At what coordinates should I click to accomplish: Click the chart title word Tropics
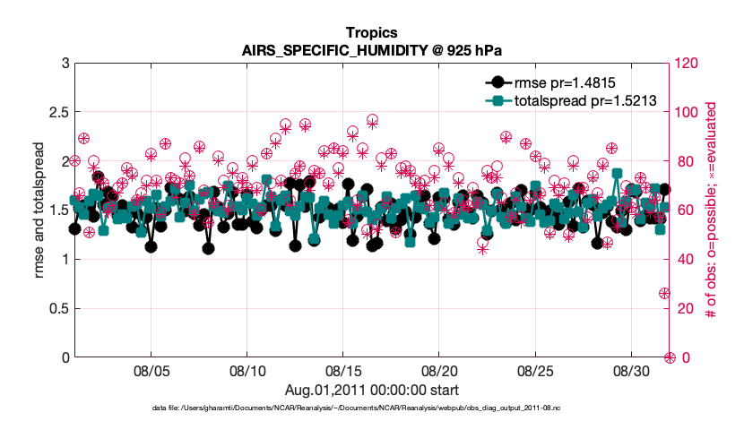pyautogui.click(x=371, y=34)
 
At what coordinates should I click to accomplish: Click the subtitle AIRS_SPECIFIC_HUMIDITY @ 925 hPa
pyautogui.click(x=371, y=51)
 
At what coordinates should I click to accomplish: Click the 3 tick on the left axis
pyautogui.click(x=62, y=64)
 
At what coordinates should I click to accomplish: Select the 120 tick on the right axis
pyautogui.click(x=688, y=64)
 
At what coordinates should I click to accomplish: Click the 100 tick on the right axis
pyautogui.click(x=688, y=113)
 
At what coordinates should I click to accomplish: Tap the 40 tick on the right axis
pyautogui.click(x=685, y=260)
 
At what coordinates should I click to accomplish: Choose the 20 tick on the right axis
pyautogui.click(x=685, y=309)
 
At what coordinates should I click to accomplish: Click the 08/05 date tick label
pyautogui.click(x=151, y=370)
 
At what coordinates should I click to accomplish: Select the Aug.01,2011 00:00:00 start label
pyautogui.click(x=371, y=390)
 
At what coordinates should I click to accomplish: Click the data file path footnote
pyautogui.click(x=371, y=408)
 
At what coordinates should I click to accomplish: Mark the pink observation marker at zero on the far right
pyautogui.click(x=670, y=357)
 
